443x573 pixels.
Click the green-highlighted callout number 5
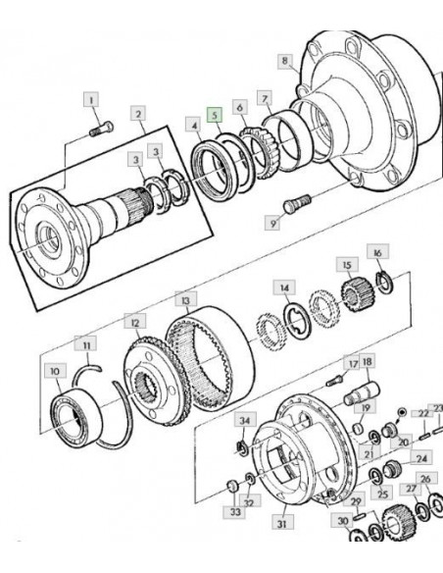pyautogui.click(x=215, y=115)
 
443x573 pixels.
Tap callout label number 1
pyautogui.click(x=91, y=99)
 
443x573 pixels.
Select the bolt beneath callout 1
pyautogui.click(x=102, y=130)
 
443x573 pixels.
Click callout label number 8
pyautogui.click(x=285, y=60)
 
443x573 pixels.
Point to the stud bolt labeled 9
pyautogui.click(x=297, y=203)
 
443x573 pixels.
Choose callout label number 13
pyautogui.click(x=186, y=300)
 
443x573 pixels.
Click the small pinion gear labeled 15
pyautogui.click(x=353, y=294)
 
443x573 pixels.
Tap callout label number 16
pyautogui.click(x=377, y=253)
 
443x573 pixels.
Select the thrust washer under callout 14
pyautogui.click(x=297, y=321)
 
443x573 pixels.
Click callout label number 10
pyautogui.click(x=55, y=371)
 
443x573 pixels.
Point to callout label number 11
pyautogui.click(x=86, y=344)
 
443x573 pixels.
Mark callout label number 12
pyautogui.click(x=135, y=323)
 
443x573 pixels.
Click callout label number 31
pyautogui.click(x=281, y=524)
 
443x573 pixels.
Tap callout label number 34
pyautogui.click(x=245, y=421)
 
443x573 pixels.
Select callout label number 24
pyautogui.click(x=421, y=458)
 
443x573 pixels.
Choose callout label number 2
pyautogui.click(x=138, y=115)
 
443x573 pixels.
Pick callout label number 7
pyautogui.click(x=265, y=99)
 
